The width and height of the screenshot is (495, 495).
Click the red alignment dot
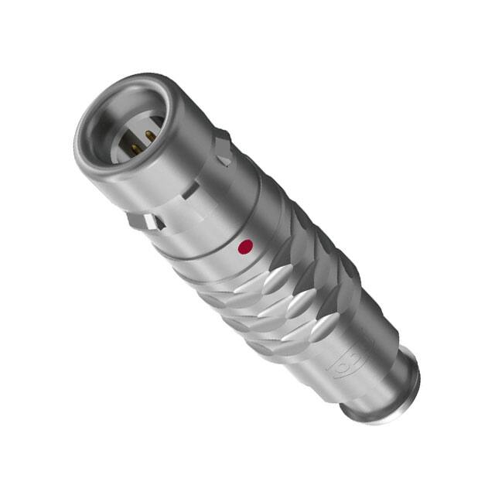coord(245,247)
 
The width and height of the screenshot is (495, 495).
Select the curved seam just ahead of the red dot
coord(224,232)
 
